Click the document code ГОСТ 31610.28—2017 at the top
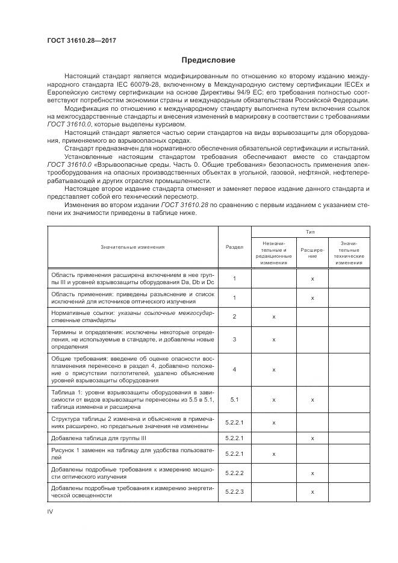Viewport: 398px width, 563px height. pyautogui.click(x=81, y=40)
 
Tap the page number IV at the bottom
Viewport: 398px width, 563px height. pyautogui.click(x=51, y=511)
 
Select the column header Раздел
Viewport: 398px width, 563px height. pyautogui.click(x=234, y=246)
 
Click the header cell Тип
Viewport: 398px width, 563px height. pyautogui.click(x=312, y=231)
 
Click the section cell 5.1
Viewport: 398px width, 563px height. pyautogui.click(x=234, y=399)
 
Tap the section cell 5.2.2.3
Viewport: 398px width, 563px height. pyautogui.click(x=234, y=493)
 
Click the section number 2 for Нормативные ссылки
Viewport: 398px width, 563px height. pyautogui.click(x=234, y=316)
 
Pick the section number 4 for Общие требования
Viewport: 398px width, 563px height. pyautogui.click(x=234, y=369)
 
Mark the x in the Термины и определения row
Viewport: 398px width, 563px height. pyautogui.click(x=274, y=340)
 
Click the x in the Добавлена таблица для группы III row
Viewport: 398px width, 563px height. pyautogui.click(x=312, y=438)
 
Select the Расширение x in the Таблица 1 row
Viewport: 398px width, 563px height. pyautogui.click(x=312, y=399)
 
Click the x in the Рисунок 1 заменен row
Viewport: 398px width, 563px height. pyautogui.click(x=274, y=455)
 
